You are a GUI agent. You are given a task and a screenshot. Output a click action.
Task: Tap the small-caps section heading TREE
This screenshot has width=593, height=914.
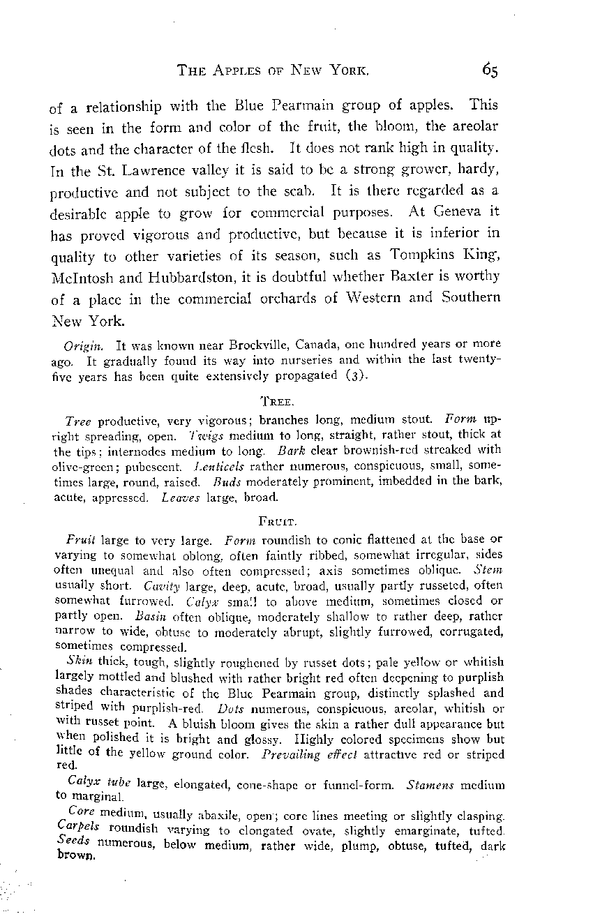pyautogui.click(x=277, y=403)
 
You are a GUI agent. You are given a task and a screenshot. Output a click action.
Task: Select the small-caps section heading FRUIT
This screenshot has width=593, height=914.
pyautogui.click(x=278, y=520)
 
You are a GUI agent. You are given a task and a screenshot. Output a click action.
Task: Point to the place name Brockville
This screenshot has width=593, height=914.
pyautogui.click(x=250, y=345)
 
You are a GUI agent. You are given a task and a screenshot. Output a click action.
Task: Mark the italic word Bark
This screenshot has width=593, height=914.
pyautogui.click(x=292, y=449)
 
